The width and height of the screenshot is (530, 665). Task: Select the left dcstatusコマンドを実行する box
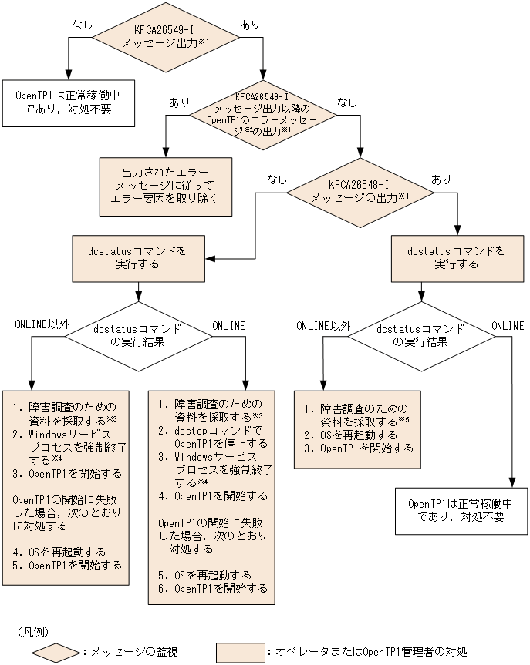click(x=138, y=258)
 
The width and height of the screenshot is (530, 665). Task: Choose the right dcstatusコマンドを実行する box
click(x=457, y=258)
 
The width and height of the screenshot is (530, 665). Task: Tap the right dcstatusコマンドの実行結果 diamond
click(x=420, y=334)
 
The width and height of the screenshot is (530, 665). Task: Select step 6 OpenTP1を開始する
click(x=214, y=589)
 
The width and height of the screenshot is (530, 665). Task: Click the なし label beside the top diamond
click(x=82, y=25)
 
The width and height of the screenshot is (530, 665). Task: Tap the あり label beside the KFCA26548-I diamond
click(x=441, y=179)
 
